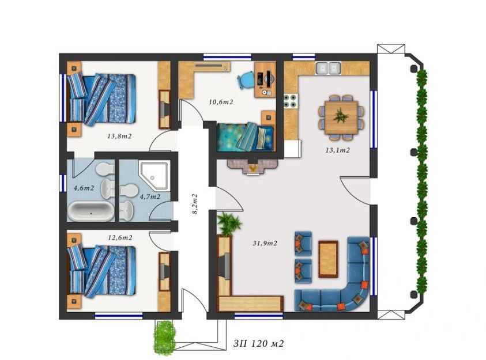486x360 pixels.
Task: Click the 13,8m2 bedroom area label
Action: pos(120,136)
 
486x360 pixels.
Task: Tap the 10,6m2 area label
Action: pos(221,102)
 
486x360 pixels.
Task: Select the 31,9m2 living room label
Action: pos(265,243)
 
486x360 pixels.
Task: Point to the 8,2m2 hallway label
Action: pos(195,204)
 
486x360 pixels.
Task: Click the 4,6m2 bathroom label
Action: pos(84,188)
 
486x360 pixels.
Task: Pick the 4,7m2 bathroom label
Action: pos(150,196)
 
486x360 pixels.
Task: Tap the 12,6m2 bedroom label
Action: pos(120,237)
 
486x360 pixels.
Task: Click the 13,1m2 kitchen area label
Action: pos(337,150)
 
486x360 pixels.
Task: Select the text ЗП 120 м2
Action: pos(258,343)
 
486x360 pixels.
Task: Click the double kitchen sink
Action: pos(328,68)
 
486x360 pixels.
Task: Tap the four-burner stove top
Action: pos(291,101)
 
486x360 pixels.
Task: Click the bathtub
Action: pos(91,212)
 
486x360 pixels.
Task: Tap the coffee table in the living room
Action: pos(328,259)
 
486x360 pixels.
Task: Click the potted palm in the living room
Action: pos(229,223)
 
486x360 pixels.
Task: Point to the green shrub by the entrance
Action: pos(164,337)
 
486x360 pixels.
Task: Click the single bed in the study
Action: pos(246,137)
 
